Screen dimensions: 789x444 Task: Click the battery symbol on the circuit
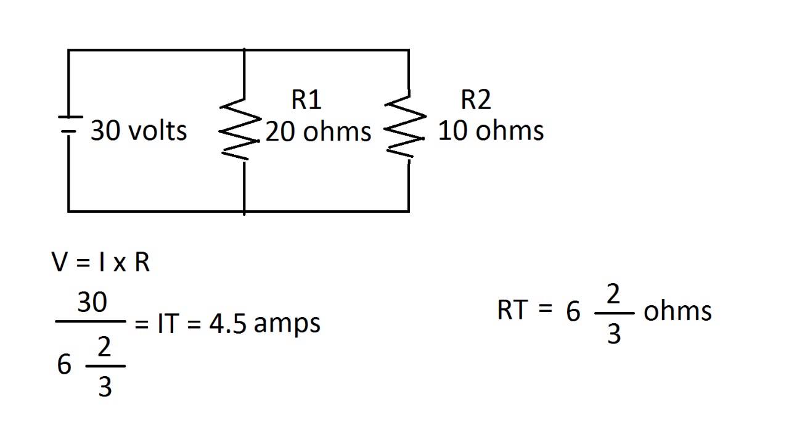click(70, 125)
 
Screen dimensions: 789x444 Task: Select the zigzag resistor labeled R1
click(240, 129)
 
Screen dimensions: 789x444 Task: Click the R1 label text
click(306, 100)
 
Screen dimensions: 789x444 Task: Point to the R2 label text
click(475, 100)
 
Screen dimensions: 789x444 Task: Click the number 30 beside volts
click(105, 131)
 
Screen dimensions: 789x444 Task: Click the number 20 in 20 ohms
click(280, 132)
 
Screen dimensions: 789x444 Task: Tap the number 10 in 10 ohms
click(453, 131)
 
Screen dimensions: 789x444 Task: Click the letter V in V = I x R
click(60, 262)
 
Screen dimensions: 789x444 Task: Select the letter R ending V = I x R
click(142, 262)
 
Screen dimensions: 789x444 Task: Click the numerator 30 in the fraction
click(92, 302)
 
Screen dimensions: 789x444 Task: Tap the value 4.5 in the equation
click(227, 324)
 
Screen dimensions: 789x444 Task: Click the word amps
click(287, 325)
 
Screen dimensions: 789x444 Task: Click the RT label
click(512, 310)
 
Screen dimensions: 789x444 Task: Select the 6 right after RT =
click(573, 311)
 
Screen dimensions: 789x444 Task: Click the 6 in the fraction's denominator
click(64, 364)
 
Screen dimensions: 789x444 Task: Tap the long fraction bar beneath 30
click(91, 321)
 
